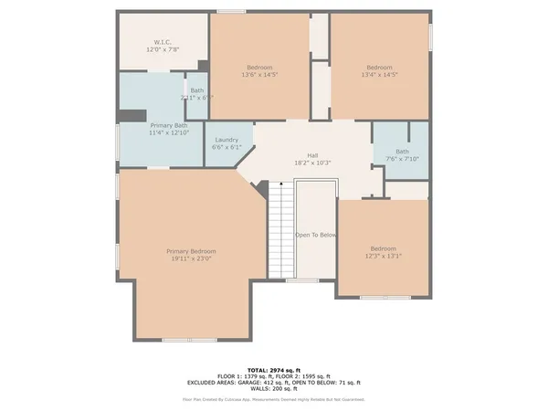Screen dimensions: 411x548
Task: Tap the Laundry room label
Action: (x=227, y=140)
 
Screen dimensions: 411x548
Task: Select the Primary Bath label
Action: (x=168, y=124)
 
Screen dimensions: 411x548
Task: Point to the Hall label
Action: (x=311, y=155)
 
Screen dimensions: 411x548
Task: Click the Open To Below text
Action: (x=316, y=235)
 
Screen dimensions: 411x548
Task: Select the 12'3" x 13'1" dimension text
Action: (x=384, y=257)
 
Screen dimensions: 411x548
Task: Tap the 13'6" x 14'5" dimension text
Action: (x=260, y=75)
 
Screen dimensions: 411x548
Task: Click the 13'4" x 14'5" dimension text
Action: (x=380, y=75)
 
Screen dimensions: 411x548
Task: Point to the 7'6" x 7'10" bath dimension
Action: (x=402, y=159)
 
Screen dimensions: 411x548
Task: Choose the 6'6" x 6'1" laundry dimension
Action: (x=227, y=147)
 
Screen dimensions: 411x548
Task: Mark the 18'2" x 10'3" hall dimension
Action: (x=311, y=163)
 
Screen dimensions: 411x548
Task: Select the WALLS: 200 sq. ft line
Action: (x=273, y=389)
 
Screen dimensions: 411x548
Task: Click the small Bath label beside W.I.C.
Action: (x=197, y=90)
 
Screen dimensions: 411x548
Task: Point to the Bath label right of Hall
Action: (x=402, y=152)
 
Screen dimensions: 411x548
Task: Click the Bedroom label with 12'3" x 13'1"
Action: (x=384, y=249)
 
